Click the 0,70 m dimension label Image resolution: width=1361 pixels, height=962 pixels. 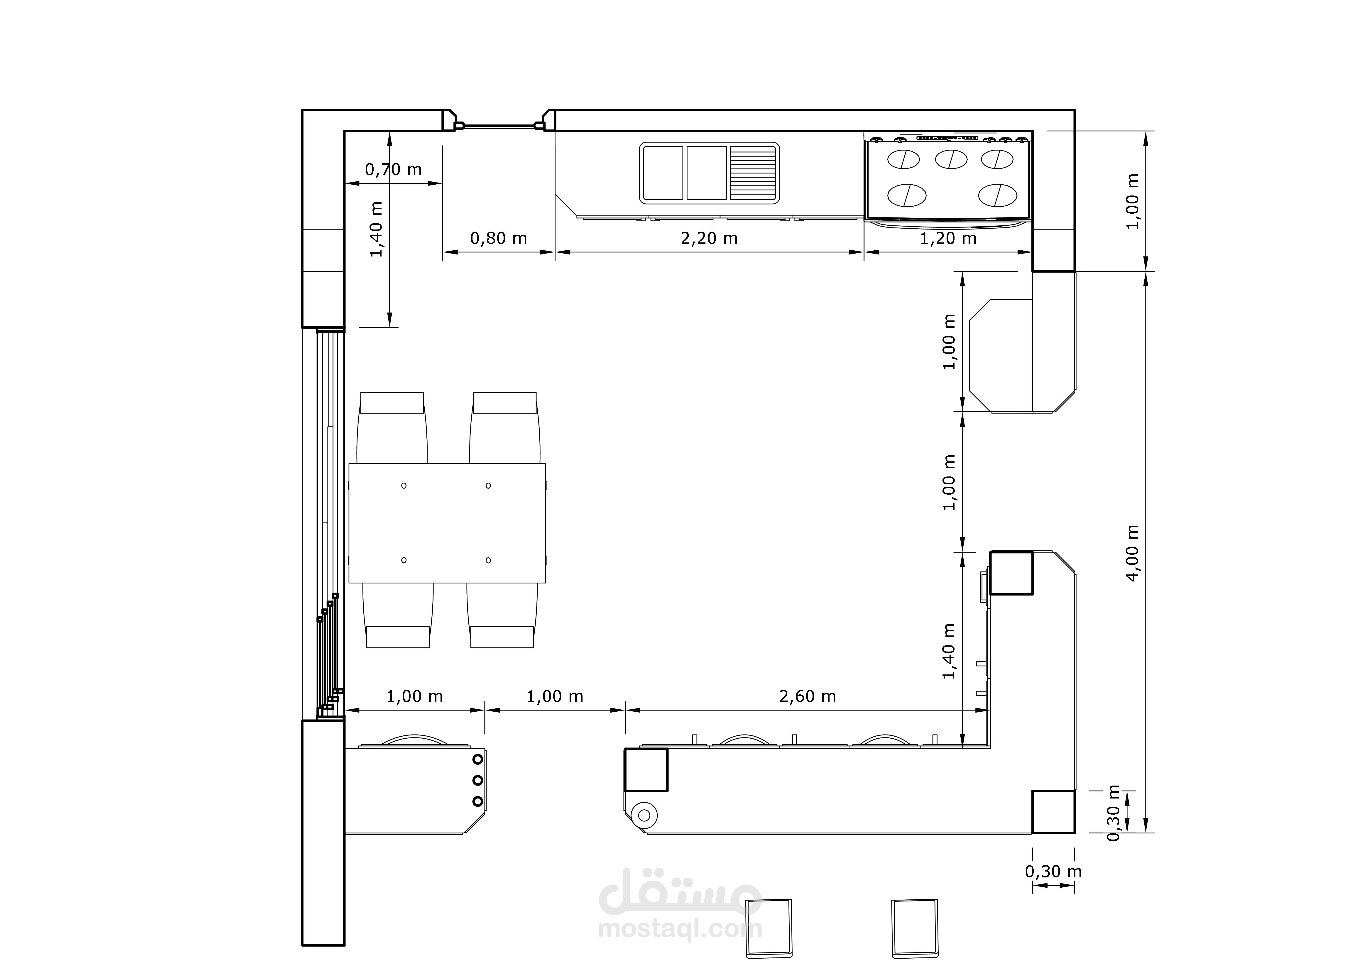pyautogui.click(x=393, y=170)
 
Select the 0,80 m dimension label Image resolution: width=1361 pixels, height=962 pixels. pyautogui.click(x=499, y=238)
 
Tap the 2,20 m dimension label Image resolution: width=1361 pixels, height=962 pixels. pyautogui.click(x=709, y=238)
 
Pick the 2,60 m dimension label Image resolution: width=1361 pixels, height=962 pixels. pyautogui.click(x=807, y=696)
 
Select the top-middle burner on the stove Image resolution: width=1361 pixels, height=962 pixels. pyautogui.click(x=951, y=159)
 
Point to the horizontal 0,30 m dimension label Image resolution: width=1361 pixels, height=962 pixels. pyautogui.click(x=1053, y=871)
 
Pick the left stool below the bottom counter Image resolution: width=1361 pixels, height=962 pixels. pyautogui.click(x=768, y=928)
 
